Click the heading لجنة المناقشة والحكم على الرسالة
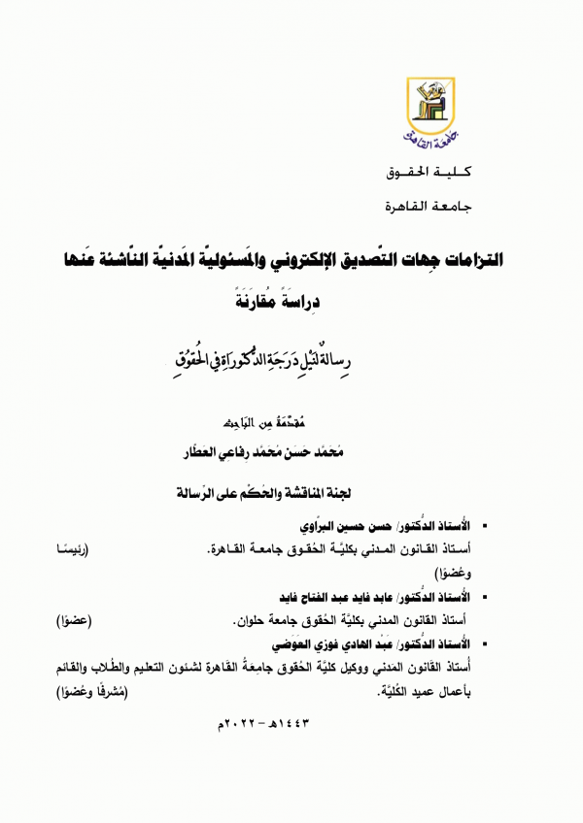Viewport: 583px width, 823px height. (x=291, y=492)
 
